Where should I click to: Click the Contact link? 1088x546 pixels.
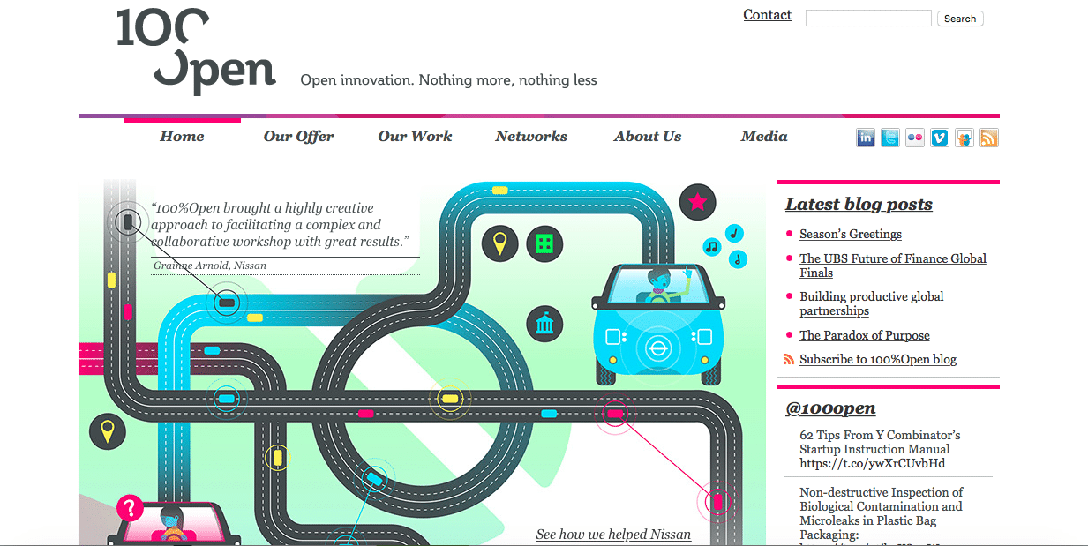767,15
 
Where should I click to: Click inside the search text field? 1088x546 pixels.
867,19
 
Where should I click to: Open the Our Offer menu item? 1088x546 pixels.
298,137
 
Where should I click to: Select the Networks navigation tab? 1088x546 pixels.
531,137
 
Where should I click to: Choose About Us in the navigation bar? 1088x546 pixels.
648,137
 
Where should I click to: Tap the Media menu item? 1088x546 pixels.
764,137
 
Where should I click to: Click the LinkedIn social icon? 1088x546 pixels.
866,138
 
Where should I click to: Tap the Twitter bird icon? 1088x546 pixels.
890,138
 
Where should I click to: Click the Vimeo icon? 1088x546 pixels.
940,138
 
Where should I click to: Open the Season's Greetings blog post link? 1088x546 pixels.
850,235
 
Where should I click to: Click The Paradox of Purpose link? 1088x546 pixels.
864,336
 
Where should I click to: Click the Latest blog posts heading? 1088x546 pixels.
859,205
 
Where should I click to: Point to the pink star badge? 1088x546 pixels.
697,203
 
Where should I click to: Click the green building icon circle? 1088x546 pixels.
544,243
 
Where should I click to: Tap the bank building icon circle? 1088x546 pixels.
544,324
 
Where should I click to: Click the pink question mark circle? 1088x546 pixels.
130,508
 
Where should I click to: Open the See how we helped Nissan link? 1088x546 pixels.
613,535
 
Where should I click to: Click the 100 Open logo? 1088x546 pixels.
196,51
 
